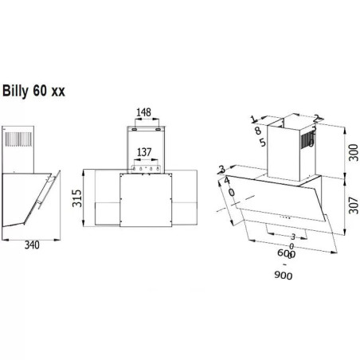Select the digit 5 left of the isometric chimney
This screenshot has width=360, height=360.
pos(261,143)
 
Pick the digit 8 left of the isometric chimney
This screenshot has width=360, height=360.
pos(258,131)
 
